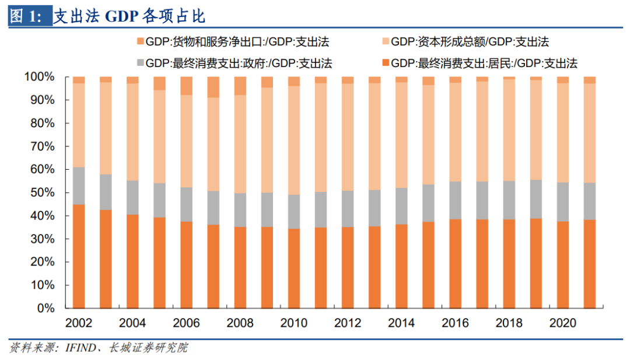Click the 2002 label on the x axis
point(79,323)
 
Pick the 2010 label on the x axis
point(294,323)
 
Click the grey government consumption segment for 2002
point(79,186)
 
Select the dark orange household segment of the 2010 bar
point(294,268)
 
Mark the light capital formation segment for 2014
point(401,135)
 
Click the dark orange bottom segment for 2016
point(456,263)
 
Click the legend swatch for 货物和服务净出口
point(139,42)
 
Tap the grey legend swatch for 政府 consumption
point(139,62)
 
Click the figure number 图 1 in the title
point(25,16)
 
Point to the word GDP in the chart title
point(121,16)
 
